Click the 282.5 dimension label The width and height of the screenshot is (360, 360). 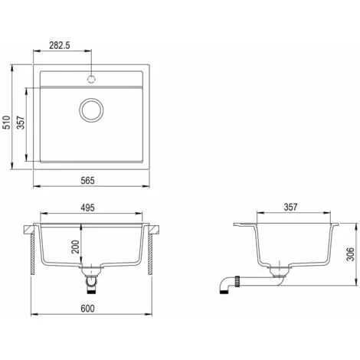tap(59, 45)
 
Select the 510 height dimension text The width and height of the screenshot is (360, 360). tap(7, 123)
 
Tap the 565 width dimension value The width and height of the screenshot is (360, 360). tap(87, 181)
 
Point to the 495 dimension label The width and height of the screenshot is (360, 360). tap(87, 208)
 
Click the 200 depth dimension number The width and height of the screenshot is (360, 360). tap(75, 247)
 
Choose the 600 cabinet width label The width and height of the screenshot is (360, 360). tap(87, 309)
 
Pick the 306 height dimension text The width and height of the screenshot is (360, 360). tap(350, 254)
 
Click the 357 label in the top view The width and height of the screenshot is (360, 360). tap(21, 123)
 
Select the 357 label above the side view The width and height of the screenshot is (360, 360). tap(290, 207)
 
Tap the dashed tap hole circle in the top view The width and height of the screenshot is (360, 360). tap(91, 79)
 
